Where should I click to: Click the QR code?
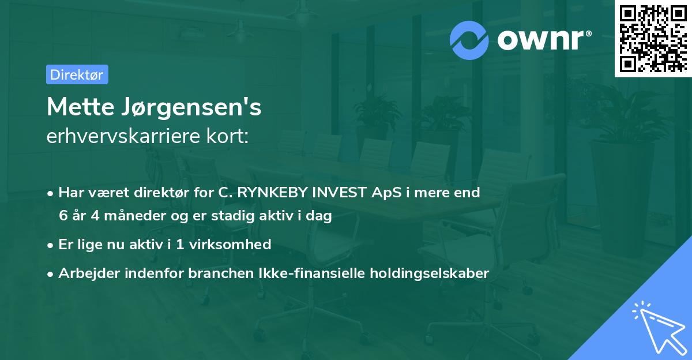[653, 39]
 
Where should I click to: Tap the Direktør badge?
[77, 74]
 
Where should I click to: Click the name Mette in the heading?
[80, 107]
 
